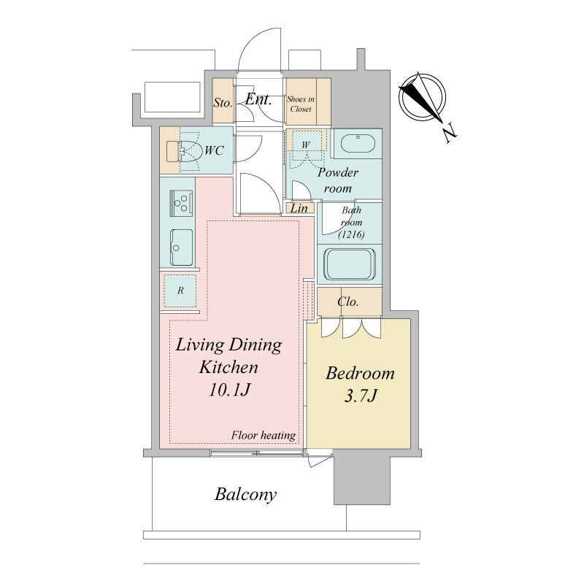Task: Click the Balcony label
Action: (246, 495)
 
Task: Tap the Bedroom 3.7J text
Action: (360, 385)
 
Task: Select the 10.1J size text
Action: (229, 390)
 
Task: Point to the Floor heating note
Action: (264, 435)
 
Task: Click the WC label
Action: (214, 150)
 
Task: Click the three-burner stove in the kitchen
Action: (181, 203)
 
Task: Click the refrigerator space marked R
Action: (180, 291)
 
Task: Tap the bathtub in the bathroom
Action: (350, 264)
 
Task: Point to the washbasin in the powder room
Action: (358, 143)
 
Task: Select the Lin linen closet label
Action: (299, 209)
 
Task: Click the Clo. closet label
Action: (348, 301)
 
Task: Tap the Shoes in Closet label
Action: (301, 104)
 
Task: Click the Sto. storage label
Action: (223, 102)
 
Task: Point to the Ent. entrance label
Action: (258, 99)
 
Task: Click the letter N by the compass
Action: (450, 134)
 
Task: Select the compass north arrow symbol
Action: (422, 98)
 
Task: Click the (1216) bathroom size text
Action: (351, 234)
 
